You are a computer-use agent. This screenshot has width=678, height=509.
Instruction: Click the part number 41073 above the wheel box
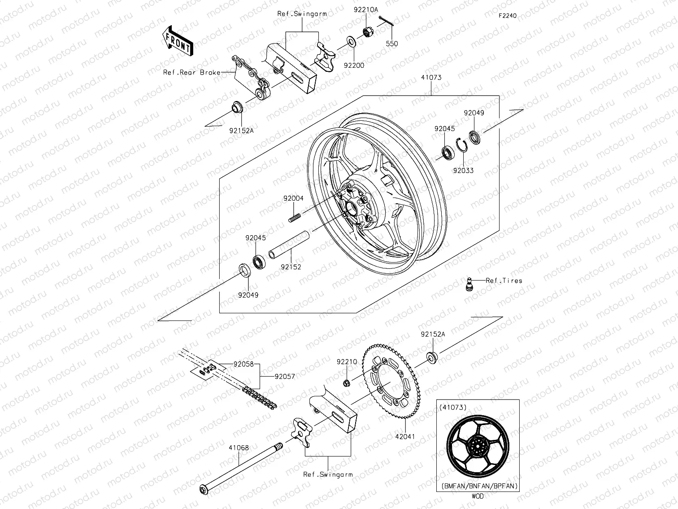point(431,78)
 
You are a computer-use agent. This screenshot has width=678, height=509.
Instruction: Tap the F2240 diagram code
point(507,16)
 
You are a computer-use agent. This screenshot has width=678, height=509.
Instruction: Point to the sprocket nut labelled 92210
point(347,382)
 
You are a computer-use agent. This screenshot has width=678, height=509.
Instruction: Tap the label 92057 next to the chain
point(285,377)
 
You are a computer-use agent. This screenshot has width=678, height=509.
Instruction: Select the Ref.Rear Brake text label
point(191,73)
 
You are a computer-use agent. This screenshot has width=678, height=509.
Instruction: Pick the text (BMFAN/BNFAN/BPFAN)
point(479,486)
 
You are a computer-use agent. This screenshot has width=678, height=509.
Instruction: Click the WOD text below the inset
point(478,496)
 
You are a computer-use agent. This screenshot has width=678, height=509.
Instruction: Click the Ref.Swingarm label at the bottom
point(328,474)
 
